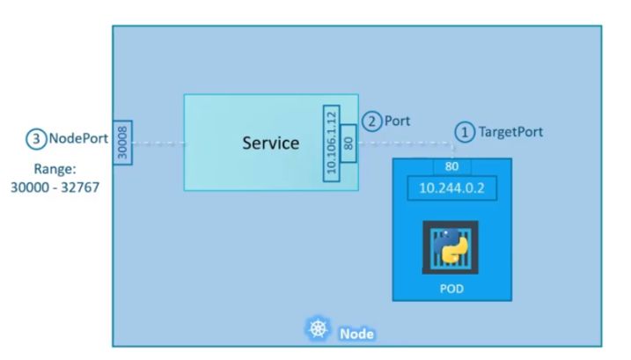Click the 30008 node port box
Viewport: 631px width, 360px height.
pyautogui.click(x=122, y=143)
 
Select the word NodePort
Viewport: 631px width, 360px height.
pyautogui.click(x=77, y=139)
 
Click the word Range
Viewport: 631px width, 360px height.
pyautogui.click(x=54, y=168)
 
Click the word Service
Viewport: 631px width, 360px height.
pyautogui.click(x=270, y=143)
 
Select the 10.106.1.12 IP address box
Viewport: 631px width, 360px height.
pyautogui.click(x=332, y=143)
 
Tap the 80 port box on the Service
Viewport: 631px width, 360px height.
pyautogui.click(x=349, y=143)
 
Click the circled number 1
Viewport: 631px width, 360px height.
pyautogui.click(x=464, y=132)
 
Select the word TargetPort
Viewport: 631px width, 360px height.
pyautogui.click(x=510, y=132)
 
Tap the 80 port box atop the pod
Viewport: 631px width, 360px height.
pyautogui.click(x=451, y=165)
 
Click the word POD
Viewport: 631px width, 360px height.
pyautogui.click(x=451, y=288)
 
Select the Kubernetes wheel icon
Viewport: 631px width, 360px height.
pyautogui.click(x=316, y=331)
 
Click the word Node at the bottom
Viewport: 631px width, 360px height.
pyautogui.click(x=356, y=334)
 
